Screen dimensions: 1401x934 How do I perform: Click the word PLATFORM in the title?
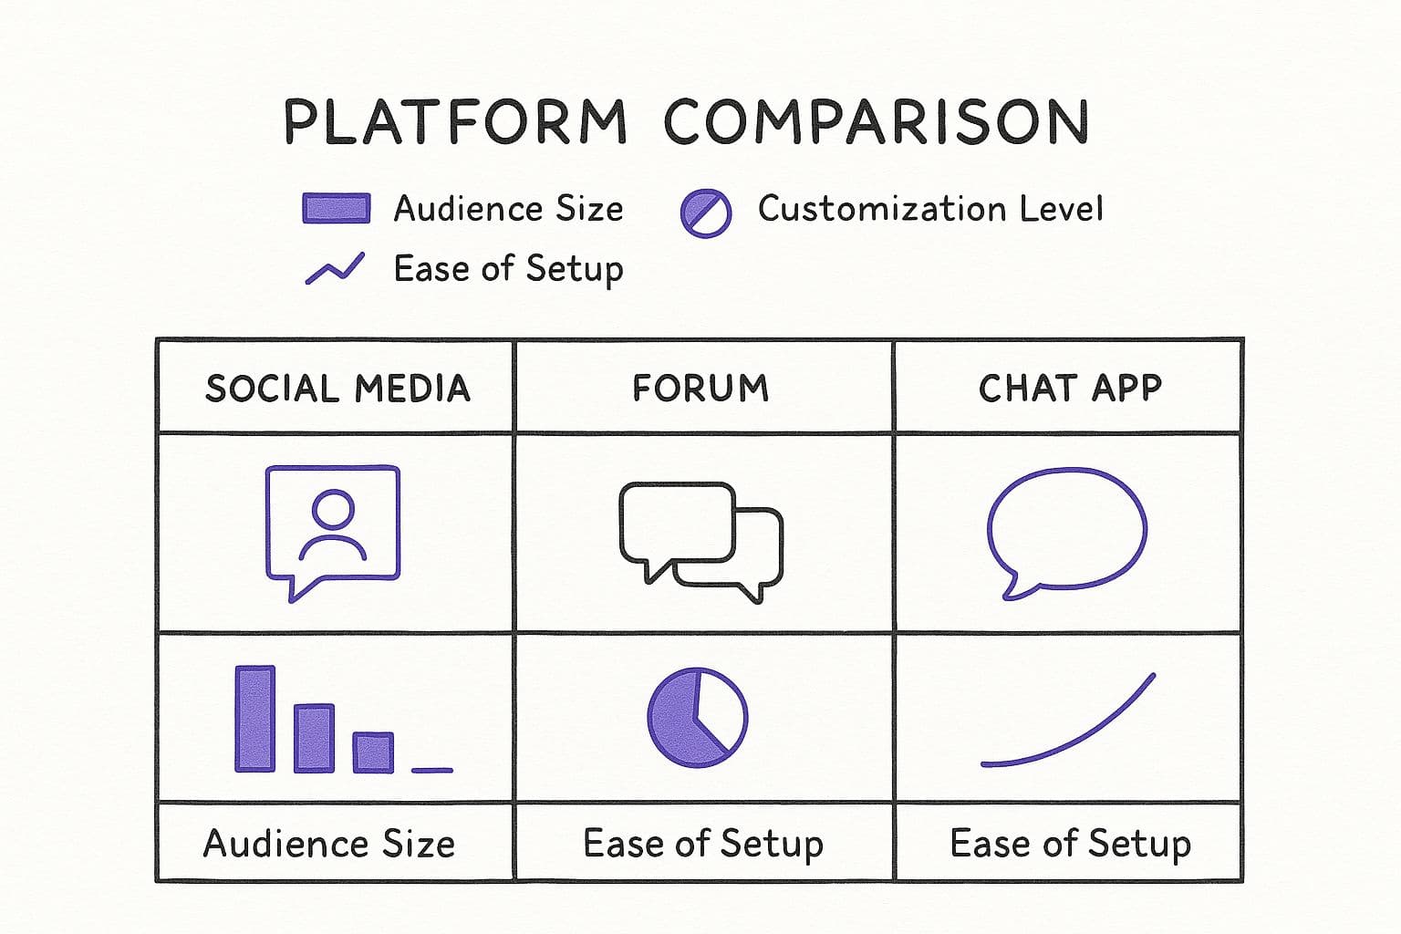[x=455, y=122]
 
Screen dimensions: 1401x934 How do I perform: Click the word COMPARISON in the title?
[x=877, y=122]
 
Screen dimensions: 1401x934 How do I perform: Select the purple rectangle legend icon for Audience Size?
[x=337, y=208]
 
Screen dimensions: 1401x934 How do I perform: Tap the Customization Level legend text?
[x=930, y=208]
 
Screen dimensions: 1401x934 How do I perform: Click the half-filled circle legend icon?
[x=705, y=213]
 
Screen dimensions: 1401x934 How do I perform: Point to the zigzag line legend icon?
[x=336, y=269]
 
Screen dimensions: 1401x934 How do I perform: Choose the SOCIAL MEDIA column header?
[x=337, y=388]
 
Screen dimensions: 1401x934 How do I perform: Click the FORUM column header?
[x=700, y=388]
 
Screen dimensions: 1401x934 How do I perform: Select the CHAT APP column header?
[x=1070, y=388]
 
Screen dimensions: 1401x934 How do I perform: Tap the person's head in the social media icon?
[x=333, y=509]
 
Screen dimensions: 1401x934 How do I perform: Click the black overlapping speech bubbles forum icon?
[x=701, y=543]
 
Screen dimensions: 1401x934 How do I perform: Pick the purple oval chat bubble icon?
[x=1066, y=534]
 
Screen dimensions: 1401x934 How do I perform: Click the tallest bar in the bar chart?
[x=255, y=719]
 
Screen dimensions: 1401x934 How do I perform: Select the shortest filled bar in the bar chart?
[x=373, y=752]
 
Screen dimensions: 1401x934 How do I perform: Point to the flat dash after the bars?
[x=432, y=771]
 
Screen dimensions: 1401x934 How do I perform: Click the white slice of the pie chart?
[x=721, y=708]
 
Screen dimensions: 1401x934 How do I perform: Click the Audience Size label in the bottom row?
[x=329, y=844]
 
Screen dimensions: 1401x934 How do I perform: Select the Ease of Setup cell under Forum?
[x=703, y=844]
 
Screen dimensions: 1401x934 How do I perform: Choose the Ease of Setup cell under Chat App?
[x=1070, y=844]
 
